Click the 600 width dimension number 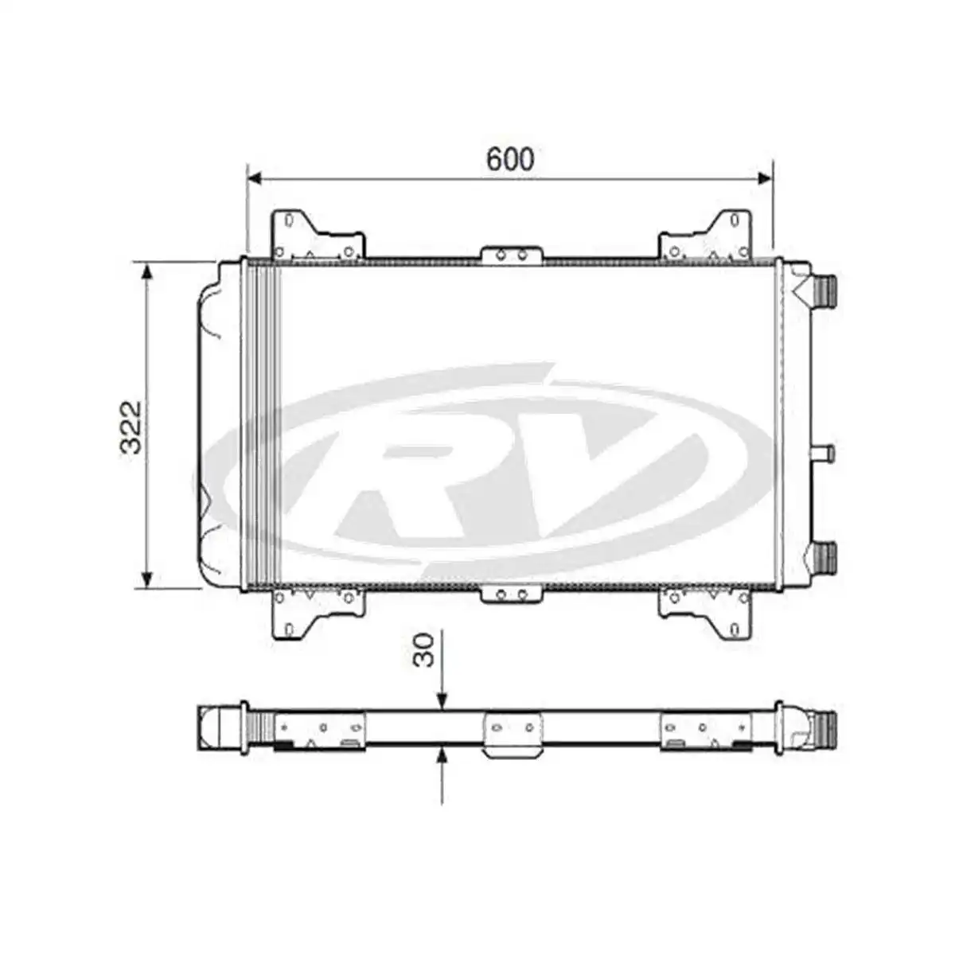510,159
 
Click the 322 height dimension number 131,427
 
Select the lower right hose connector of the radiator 824,556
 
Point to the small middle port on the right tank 821,454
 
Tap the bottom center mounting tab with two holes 512,594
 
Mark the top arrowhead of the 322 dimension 146,271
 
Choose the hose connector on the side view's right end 824,727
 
